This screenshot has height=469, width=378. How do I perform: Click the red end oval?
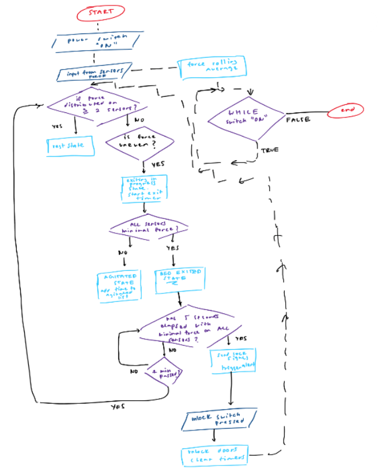point(346,110)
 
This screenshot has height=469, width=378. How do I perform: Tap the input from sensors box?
point(93,74)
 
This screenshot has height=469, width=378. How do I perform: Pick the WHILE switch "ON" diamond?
point(245,117)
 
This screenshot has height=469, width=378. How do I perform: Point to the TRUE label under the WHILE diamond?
point(269,150)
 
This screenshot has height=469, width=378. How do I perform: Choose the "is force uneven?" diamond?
point(139,141)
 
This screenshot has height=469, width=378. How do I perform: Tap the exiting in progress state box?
point(142,189)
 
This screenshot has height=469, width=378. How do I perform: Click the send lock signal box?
point(234,360)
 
